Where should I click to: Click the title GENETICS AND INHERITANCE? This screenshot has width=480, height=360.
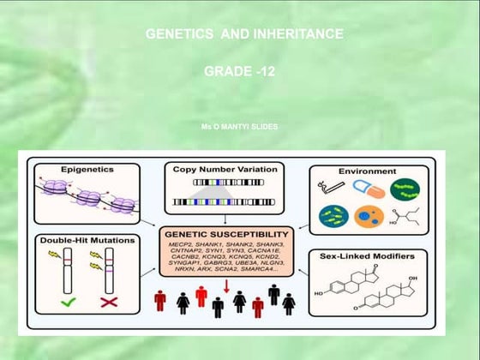pyautogui.click(x=245, y=34)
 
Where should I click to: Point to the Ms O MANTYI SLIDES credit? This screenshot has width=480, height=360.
pyautogui.click(x=239, y=126)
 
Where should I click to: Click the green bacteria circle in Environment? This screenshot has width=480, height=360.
pyautogui.click(x=405, y=190)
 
